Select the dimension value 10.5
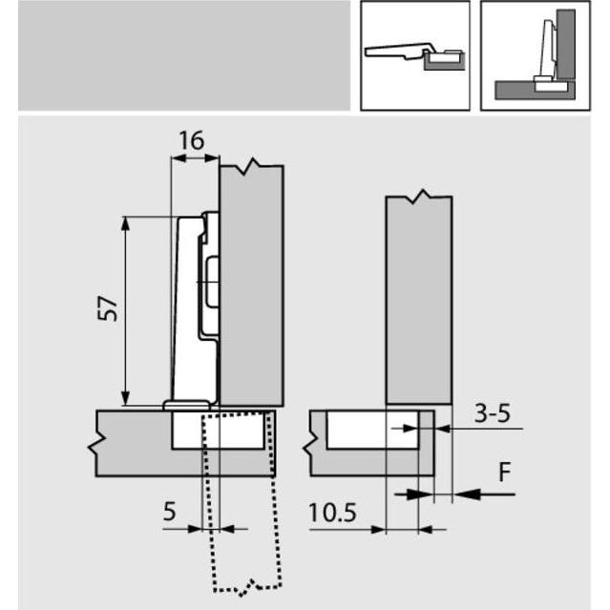332,513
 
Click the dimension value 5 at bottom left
170,511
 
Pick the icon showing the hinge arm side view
414,55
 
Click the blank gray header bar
183,55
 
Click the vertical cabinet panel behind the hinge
252,286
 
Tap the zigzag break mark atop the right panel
418,200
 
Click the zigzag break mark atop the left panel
251,168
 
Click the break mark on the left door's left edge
96,445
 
